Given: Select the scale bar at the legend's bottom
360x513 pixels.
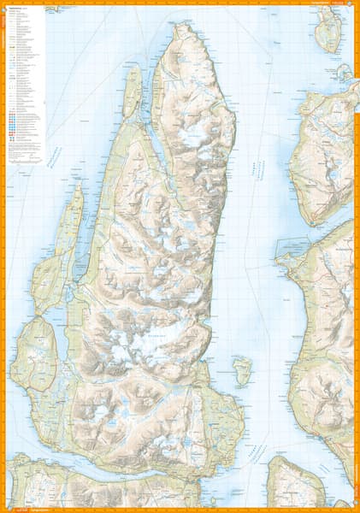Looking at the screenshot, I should coord(24,154).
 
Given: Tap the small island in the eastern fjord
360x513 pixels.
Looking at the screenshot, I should coord(243,370).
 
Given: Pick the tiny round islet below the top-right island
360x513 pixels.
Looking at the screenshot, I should coord(344,73).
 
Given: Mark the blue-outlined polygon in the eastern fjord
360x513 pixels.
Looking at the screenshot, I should coord(291,248).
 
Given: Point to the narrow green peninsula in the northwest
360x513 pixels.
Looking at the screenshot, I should coord(132,90).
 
